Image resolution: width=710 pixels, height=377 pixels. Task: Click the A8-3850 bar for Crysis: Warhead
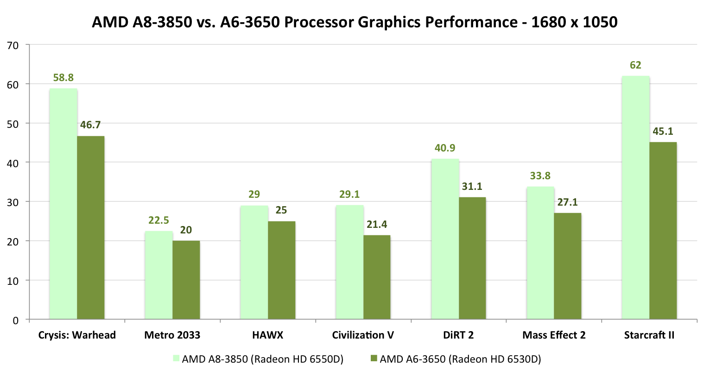click(x=63, y=204)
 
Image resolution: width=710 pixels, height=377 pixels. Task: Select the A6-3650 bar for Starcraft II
click(x=663, y=231)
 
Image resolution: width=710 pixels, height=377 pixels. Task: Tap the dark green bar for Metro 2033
click(x=186, y=280)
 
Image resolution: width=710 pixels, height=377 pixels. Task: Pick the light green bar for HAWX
click(x=254, y=262)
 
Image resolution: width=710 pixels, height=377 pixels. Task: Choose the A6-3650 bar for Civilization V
click(x=377, y=277)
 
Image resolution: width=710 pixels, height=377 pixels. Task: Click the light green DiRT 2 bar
click(x=445, y=239)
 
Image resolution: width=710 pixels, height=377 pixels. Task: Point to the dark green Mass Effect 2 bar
click(x=567, y=266)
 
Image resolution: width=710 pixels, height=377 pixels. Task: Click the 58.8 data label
click(x=63, y=78)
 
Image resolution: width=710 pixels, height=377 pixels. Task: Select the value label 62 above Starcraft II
click(x=635, y=65)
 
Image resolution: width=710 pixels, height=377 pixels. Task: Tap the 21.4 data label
click(x=377, y=225)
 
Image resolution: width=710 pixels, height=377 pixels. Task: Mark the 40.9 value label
click(x=445, y=148)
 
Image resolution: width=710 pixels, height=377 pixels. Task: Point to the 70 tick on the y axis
click(x=13, y=45)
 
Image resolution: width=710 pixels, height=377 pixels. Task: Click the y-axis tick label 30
click(x=13, y=202)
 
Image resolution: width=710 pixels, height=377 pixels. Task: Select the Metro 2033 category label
click(x=172, y=335)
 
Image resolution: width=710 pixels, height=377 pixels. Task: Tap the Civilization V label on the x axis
click(x=363, y=335)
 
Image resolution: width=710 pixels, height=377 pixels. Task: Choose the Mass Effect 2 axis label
click(x=554, y=335)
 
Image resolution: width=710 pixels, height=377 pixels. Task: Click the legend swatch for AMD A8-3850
click(x=176, y=358)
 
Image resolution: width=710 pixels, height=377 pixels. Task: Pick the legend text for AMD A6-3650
click(x=460, y=359)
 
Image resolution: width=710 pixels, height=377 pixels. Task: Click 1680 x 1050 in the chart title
click(x=574, y=22)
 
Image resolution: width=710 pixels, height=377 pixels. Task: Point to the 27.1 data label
click(x=567, y=202)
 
